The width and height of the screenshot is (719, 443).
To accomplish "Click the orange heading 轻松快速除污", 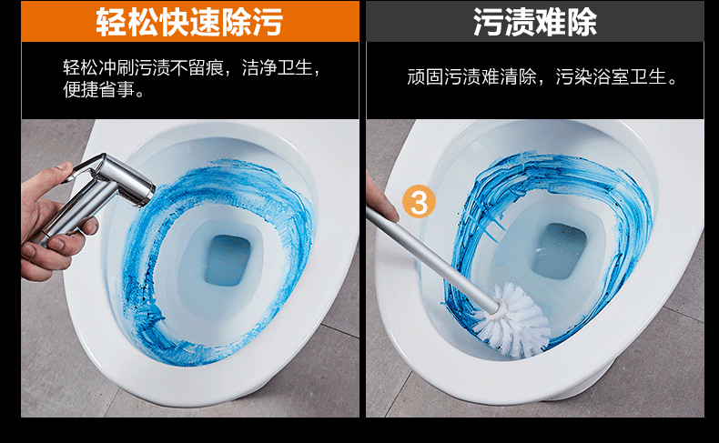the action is click(x=189, y=22).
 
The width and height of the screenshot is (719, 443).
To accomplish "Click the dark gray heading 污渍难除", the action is click(x=534, y=22).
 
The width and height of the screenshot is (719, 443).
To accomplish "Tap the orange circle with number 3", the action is click(x=419, y=202).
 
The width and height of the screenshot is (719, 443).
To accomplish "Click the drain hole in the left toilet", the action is click(x=228, y=260).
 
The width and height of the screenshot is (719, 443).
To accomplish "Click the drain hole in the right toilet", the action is click(x=560, y=250).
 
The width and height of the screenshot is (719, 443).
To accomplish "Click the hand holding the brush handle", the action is click(x=379, y=198).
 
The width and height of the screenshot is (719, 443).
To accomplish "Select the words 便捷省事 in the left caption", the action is click(x=99, y=90).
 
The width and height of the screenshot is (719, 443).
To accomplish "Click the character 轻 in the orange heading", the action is click(x=110, y=22).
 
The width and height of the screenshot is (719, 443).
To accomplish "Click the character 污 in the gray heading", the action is click(x=488, y=22).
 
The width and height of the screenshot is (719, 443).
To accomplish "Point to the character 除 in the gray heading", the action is click(x=582, y=22).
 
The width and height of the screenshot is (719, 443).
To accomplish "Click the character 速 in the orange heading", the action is click(x=205, y=22).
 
